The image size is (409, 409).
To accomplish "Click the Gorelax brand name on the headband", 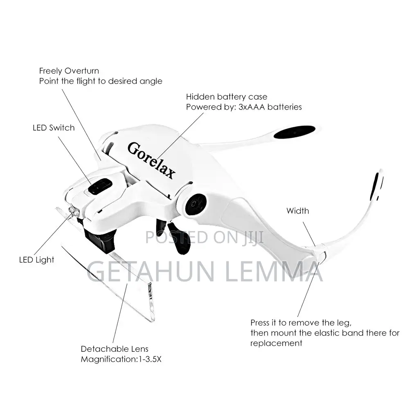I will pyautogui.click(x=152, y=160).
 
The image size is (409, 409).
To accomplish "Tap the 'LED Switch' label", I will pyautogui.click(x=54, y=128).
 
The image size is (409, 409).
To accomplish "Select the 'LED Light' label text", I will pyautogui.click(x=37, y=260).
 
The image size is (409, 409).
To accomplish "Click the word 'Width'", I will pyautogui.click(x=297, y=211).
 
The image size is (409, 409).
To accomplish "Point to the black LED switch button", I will pyautogui.click(x=99, y=186).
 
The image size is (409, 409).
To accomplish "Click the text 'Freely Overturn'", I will pyautogui.click(x=69, y=71).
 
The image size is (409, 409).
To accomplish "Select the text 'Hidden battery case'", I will pyautogui.click(x=227, y=97).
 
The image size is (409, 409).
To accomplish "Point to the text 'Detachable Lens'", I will pyautogui.click(x=115, y=349).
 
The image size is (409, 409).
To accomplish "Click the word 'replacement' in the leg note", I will pyautogui.click(x=276, y=343).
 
